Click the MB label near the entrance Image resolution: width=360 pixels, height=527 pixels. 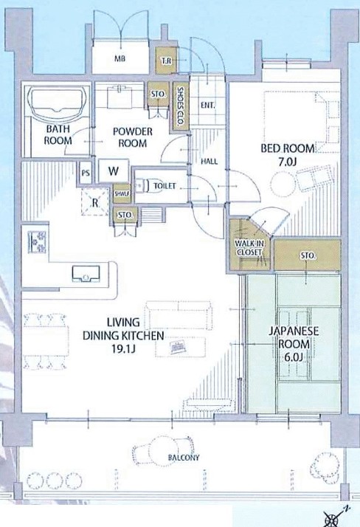(x=120, y=58)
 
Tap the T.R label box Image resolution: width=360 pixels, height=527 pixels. (x=166, y=61)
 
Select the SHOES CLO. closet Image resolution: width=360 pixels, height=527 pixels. (x=180, y=106)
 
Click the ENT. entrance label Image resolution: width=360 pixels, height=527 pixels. (x=207, y=106)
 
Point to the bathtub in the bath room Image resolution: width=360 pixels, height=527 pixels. (x=56, y=103)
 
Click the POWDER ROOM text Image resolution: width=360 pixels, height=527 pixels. (x=133, y=137)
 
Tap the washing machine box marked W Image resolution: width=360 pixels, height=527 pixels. (x=114, y=170)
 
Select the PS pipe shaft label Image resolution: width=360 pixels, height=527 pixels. (x=86, y=173)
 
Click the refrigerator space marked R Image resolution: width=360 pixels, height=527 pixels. (x=95, y=202)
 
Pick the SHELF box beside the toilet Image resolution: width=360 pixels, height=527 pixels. (x=122, y=194)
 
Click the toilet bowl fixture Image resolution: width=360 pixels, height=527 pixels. (x=145, y=185)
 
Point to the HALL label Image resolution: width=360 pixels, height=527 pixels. (x=210, y=162)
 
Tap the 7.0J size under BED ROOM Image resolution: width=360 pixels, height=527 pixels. (x=288, y=162)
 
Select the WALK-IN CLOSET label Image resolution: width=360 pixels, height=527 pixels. (x=249, y=248)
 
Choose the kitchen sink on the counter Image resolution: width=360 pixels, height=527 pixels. (x=86, y=274)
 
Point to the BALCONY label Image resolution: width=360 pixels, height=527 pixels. (x=184, y=458)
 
